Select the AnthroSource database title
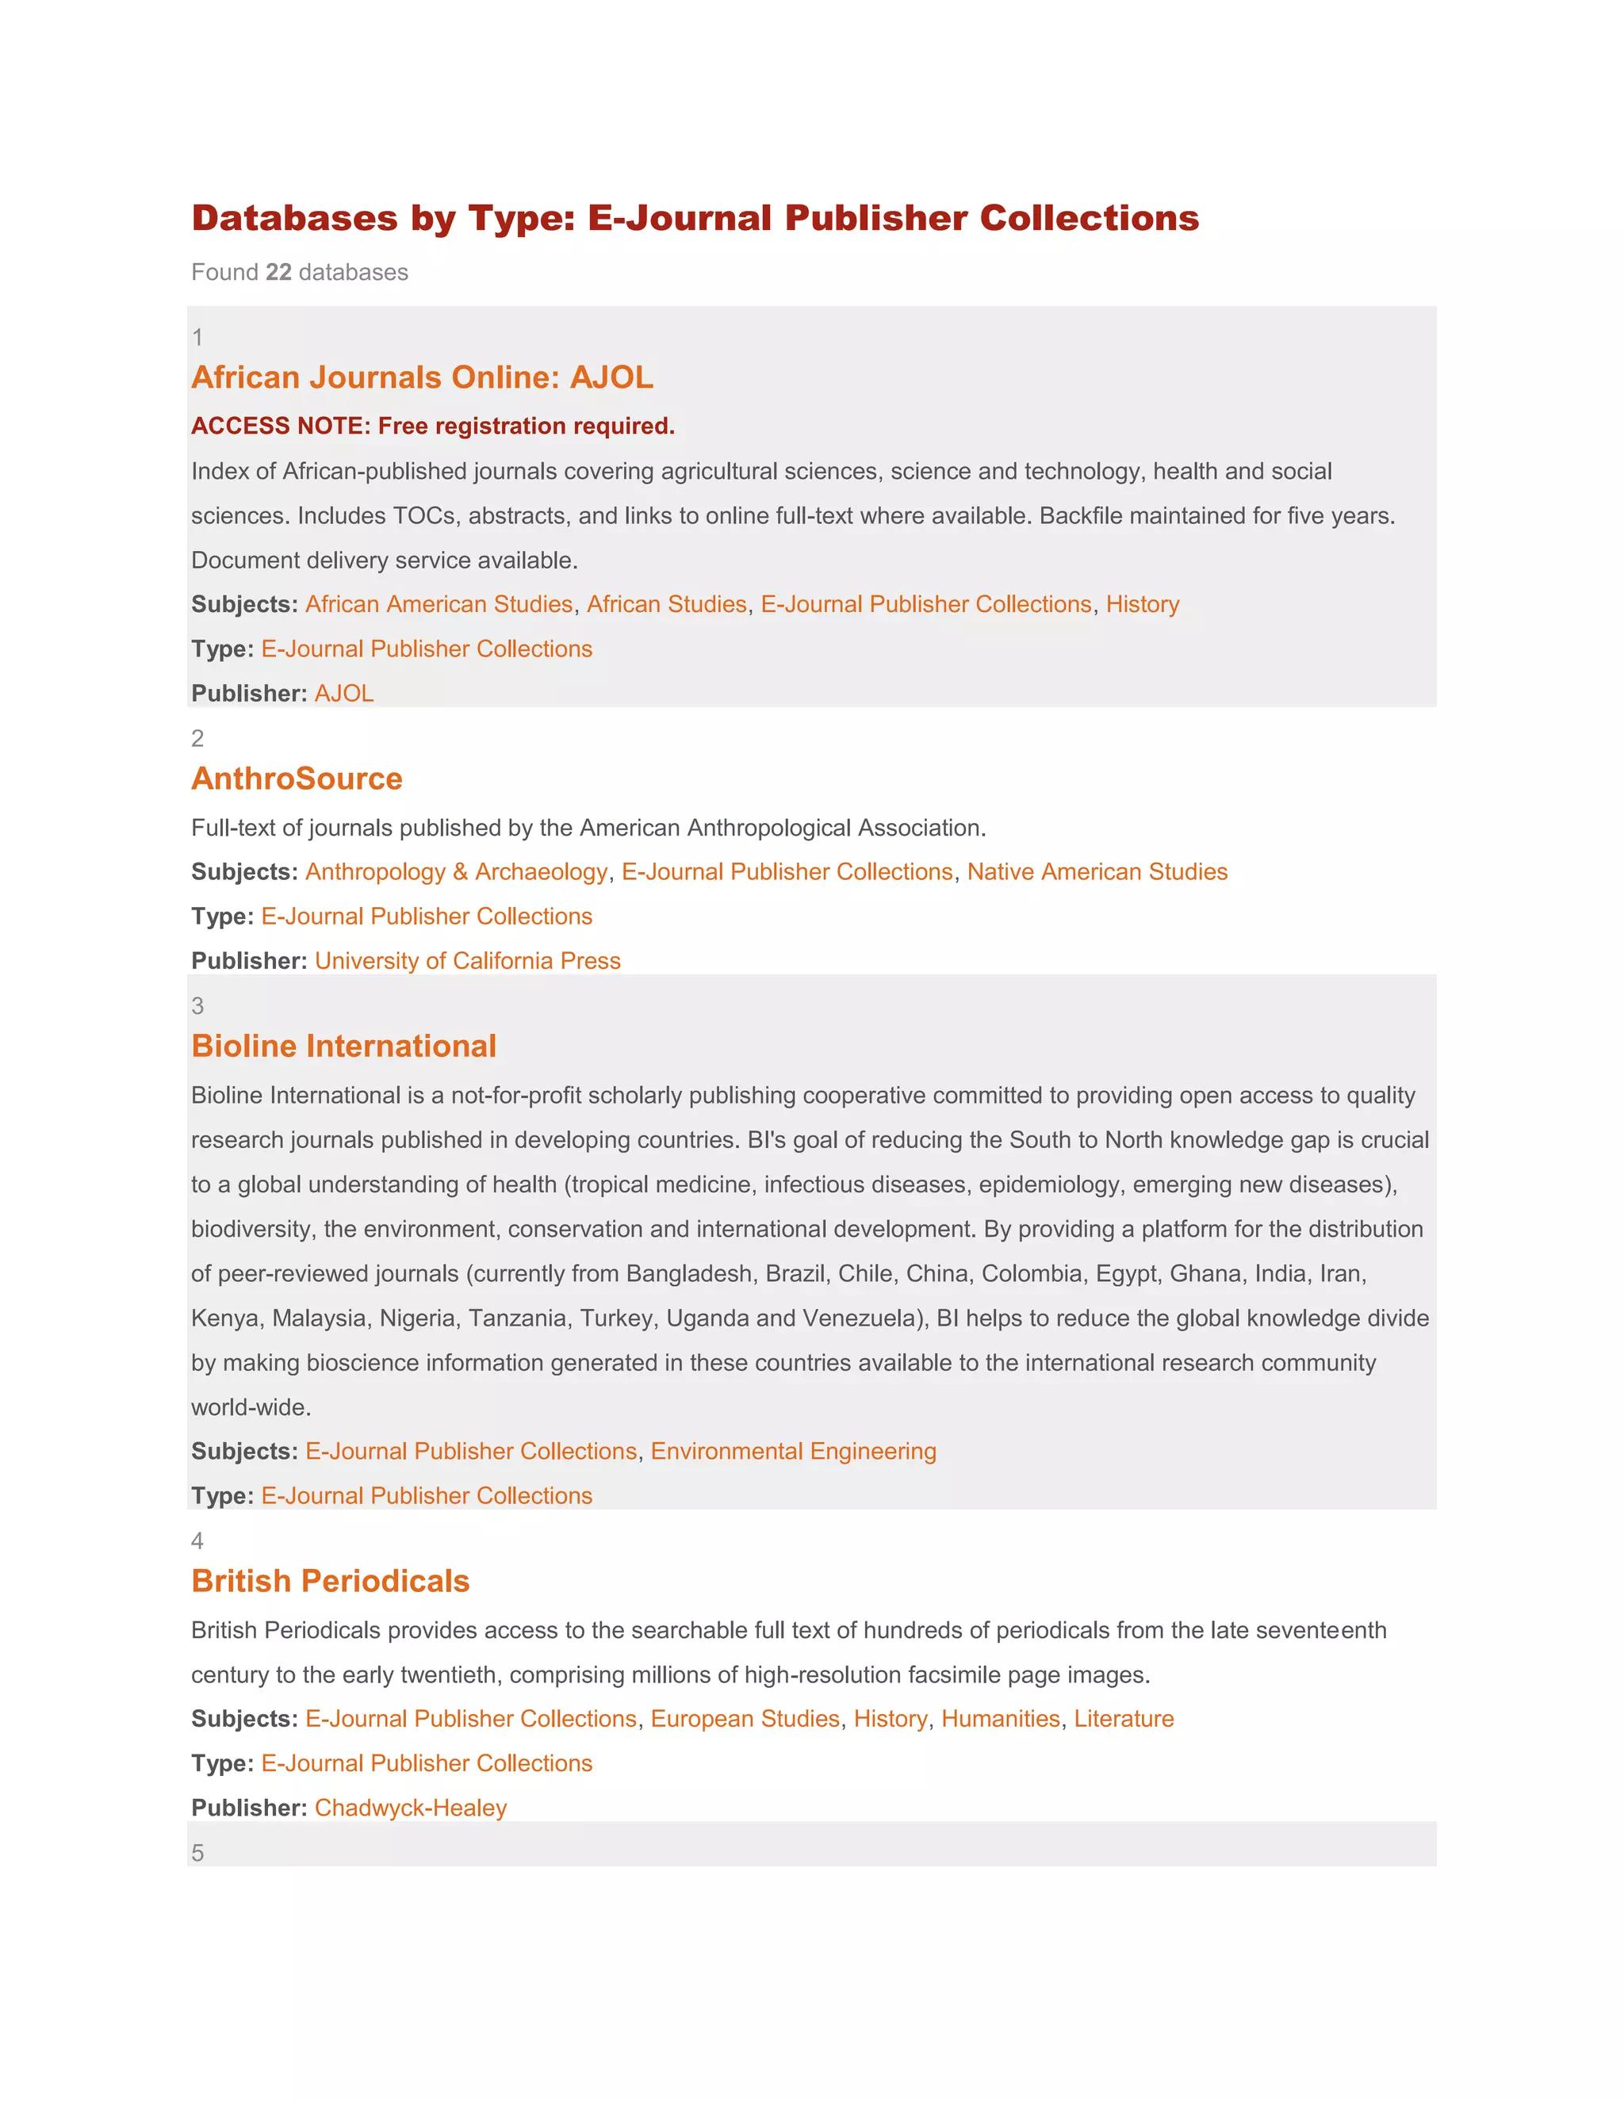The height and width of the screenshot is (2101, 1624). (297, 779)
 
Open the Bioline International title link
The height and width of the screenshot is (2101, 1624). (343, 1046)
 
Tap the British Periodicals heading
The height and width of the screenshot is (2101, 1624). (330, 1581)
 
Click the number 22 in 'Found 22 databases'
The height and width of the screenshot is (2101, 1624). (278, 272)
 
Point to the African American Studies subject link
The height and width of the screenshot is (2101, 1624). (439, 604)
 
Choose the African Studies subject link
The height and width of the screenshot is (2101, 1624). (667, 604)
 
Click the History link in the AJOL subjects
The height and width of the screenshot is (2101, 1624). (1142, 604)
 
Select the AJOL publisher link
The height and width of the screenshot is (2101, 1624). (343, 694)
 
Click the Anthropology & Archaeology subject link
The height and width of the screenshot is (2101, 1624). (457, 871)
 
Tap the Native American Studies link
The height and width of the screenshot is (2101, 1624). (1097, 871)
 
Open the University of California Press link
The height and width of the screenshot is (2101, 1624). (468, 961)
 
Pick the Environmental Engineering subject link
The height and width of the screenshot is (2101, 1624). (793, 1451)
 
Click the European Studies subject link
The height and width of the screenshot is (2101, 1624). (745, 1718)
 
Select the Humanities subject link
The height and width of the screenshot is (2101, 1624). (1000, 1718)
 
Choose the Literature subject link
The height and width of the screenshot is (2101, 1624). (1124, 1718)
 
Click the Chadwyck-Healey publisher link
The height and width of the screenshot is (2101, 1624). (411, 1808)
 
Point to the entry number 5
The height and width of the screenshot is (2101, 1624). (197, 1853)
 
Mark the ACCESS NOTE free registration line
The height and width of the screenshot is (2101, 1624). (433, 427)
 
